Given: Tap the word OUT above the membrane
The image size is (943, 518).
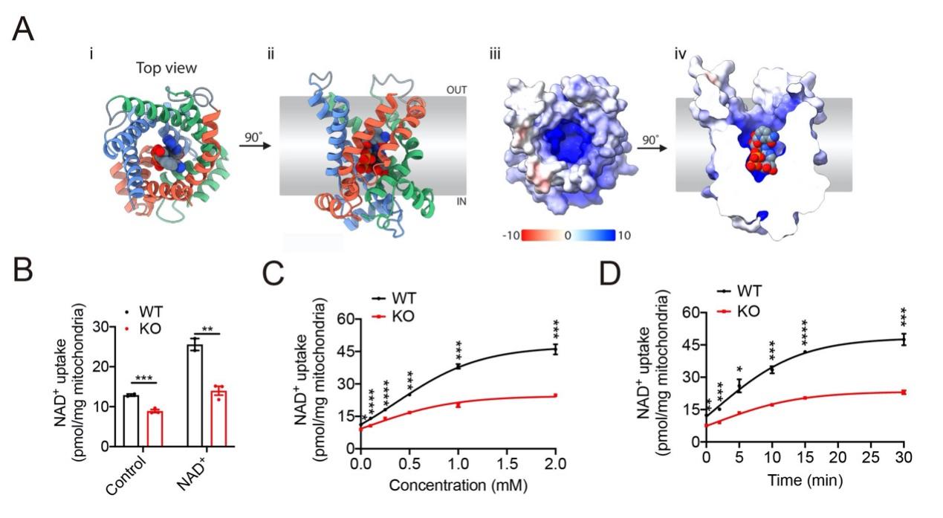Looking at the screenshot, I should [456, 89].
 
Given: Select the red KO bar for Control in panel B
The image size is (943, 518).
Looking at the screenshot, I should [154, 428].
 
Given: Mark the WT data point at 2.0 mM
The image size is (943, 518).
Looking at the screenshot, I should [554, 349].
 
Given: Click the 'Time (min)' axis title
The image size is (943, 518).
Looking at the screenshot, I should [805, 481].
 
